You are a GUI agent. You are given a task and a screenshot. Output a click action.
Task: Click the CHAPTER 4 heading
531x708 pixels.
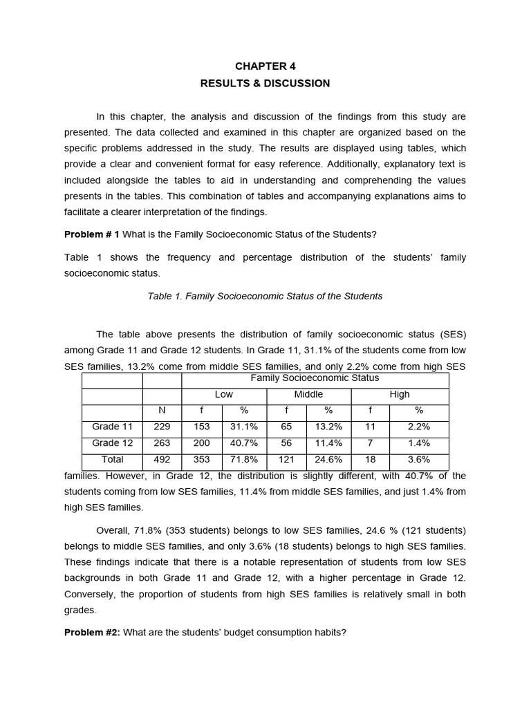click(x=265, y=66)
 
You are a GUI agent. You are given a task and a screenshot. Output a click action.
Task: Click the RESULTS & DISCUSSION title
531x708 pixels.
click(x=265, y=84)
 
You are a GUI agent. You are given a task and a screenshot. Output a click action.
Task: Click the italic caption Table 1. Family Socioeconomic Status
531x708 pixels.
click(x=265, y=296)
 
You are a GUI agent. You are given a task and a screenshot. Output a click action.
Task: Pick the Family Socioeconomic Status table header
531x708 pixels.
click(x=315, y=378)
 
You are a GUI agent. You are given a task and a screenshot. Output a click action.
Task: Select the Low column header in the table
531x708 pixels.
click(x=224, y=394)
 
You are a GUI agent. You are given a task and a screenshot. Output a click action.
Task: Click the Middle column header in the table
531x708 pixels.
click(x=308, y=394)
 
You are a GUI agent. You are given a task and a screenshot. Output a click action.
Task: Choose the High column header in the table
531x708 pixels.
click(x=400, y=394)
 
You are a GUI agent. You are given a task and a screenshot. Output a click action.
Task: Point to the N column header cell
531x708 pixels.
click(x=162, y=411)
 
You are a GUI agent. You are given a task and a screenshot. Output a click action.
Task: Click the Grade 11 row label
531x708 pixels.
click(x=112, y=427)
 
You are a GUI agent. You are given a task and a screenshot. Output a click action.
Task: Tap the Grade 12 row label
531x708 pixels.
click(x=112, y=443)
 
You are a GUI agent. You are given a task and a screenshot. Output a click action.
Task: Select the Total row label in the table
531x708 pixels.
click(x=112, y=459)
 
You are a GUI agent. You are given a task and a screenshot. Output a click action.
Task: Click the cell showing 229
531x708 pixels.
click(x=162, y=427)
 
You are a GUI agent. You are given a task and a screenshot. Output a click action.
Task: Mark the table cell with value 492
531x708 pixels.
click(x=162, y=459)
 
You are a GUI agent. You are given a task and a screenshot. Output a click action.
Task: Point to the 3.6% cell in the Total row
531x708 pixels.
click(x=419, y=459)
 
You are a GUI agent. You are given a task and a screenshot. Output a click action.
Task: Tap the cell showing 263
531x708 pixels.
click(x=162, y=443)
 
